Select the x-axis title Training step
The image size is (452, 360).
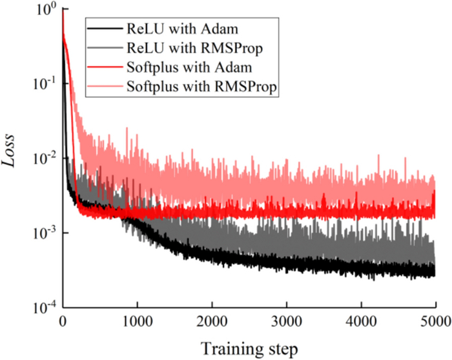point(249,348)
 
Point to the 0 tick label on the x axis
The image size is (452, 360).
point(63,321)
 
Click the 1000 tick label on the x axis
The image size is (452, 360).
point(137,321)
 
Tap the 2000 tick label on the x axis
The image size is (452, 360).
point(212,321)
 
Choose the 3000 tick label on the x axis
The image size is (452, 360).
point(286,321)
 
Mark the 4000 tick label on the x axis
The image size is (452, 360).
point(360,321)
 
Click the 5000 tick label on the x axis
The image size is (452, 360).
point(434,321)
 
